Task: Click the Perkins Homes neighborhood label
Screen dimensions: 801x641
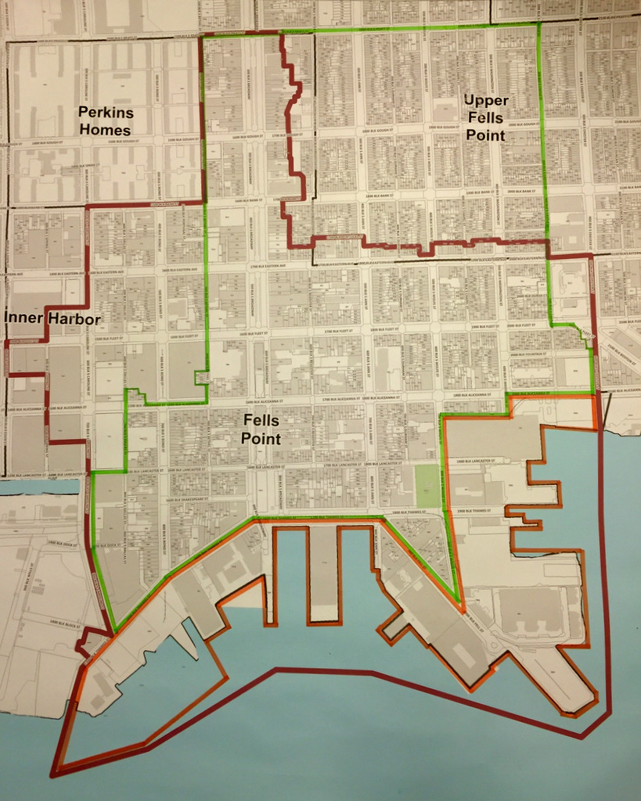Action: [106, 120]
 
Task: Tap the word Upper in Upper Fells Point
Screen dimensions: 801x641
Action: [485, 101]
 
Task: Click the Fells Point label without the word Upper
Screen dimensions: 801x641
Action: [261, 429]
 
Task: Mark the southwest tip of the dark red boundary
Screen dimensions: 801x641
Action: [52, 775]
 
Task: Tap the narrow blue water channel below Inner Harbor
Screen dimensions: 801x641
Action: [39, 486]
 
